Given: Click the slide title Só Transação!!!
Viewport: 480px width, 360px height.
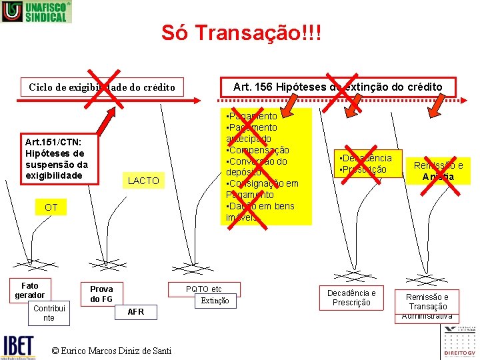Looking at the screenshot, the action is pyautogui.click(x=241, y=33).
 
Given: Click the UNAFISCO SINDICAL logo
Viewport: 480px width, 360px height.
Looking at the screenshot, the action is pyautogui.click(x=36, y=11).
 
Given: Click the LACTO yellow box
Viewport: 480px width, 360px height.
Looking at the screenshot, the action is pyautogui.click(x=143, y=181).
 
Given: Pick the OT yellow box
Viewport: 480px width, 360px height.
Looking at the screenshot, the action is pyautogui.click(x=51, y=207).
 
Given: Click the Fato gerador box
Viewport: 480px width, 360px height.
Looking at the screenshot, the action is pyautogui.click(x=30, y=290).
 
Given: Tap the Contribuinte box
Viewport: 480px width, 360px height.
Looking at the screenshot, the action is pyautogui.click(x=49, y=313).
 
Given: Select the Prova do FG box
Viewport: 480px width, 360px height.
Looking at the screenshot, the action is pyautogui.click(x=101, y=294).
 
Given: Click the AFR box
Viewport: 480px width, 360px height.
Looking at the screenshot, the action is pyautogui.click(x=135, y=311).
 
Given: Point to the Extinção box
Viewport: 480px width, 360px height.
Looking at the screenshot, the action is pyautogui.click(x=215, y=301).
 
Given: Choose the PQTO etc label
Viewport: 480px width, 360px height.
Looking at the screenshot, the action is pyautogui.click(x=204, y=289).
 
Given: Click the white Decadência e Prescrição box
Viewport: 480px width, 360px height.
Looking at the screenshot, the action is pyautogui.click(x=351, y=297).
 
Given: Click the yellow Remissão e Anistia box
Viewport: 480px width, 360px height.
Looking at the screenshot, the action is pyautogui.click(x=438, y=171).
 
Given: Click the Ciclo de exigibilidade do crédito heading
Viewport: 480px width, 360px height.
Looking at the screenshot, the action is pyautogui.click(x=102, y=87).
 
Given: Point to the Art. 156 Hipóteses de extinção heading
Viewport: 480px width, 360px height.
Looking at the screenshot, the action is pyautogui.click(x=337, y=87).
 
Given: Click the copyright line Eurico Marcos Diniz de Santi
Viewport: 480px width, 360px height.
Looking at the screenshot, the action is pyautogui.click(x=111, y=351).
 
